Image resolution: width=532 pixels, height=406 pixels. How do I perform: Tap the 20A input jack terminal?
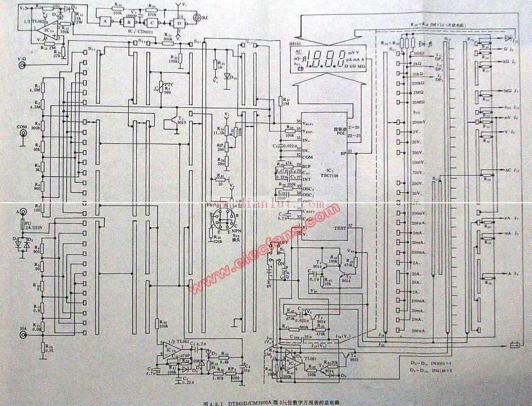(x=23, y=334)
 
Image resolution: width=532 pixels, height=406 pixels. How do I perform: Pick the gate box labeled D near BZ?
(x=179, y=22)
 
